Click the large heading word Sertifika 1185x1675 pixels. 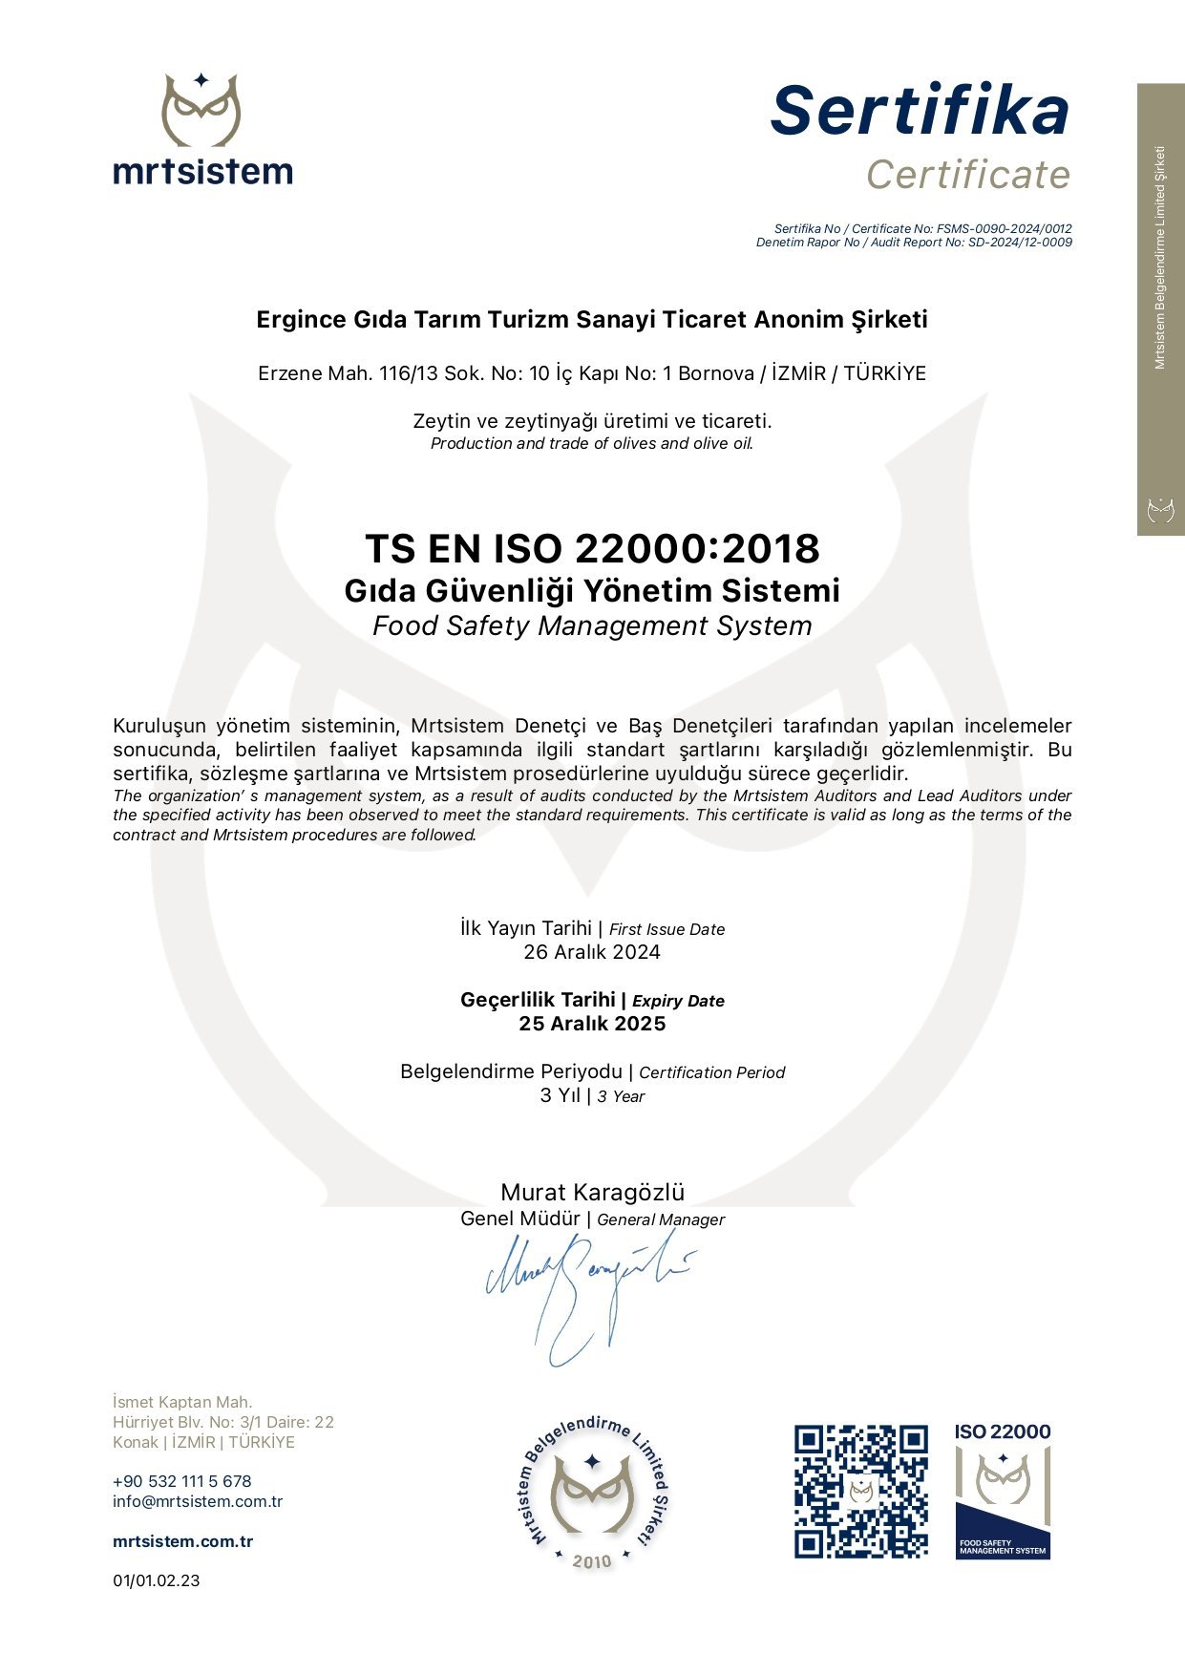[x=920, y=111]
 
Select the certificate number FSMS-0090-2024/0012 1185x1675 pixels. [x=1004, y=229]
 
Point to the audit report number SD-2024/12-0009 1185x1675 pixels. [x=1020, y=243]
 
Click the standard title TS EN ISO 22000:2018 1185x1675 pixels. [x=592, y=549]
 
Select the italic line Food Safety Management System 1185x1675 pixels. [x=592, y=626]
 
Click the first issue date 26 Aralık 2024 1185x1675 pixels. [x=592, y=952]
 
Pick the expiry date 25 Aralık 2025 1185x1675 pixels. [x=592, y=1024]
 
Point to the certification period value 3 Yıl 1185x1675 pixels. [x=561, y=1095]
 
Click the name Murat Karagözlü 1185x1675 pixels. [x=592, y=1193]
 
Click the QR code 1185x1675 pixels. [x=860, y=1492]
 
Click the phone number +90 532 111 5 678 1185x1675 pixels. [x=181, y=1481]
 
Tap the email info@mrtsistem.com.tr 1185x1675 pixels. [x=198, y=1501]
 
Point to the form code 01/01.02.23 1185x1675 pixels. [x=157, y=1580]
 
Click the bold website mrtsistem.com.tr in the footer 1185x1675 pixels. [x=182, y=1541]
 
